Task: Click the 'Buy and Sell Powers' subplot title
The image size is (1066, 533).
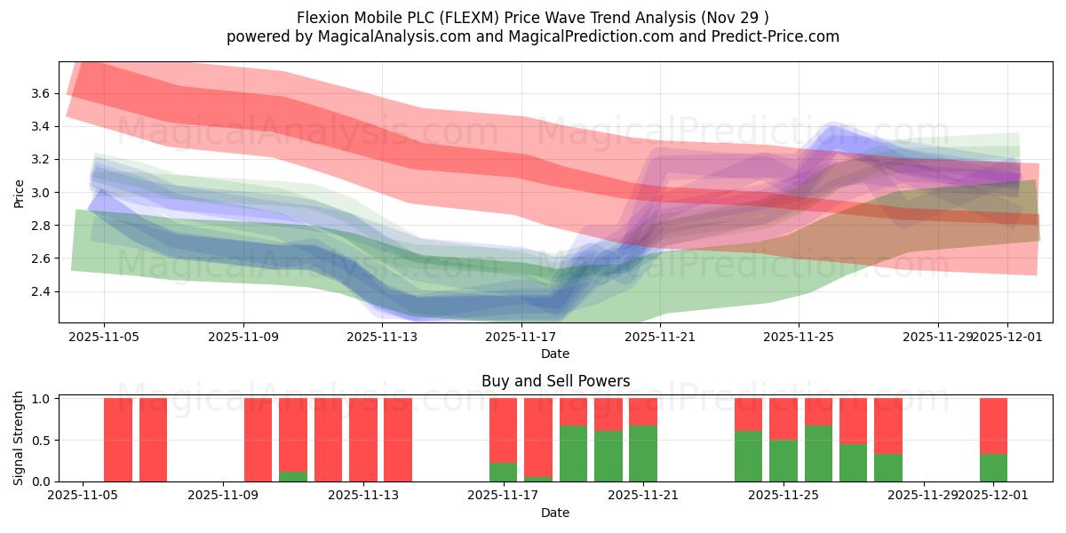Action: [x=555, y=381]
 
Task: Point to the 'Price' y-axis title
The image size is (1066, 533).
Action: [x=19, y=192]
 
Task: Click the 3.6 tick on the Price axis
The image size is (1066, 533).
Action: [x=41, y=93]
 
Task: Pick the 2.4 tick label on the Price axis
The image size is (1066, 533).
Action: [x=41, y=291]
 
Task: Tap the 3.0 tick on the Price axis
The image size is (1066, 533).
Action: [x=41, y=193]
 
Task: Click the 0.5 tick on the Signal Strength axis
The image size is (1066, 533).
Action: [x=41, y=440]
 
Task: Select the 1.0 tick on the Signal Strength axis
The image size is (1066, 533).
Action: [x=41, y=399]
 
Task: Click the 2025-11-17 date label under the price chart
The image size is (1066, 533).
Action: [x=521, y=337]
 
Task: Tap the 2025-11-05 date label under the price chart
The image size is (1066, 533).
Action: [x=104, y=337]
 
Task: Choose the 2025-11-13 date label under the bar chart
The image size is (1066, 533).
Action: [x=363, y=495]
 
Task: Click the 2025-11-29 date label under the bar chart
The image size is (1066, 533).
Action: [x=924, y=495]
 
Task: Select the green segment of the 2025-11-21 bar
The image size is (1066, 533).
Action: [x=643, y=453]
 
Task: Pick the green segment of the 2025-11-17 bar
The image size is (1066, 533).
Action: [x=503, y=472]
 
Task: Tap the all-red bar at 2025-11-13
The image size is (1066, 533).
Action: [x=363, y=440]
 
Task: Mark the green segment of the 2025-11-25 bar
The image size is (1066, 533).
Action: [x=783, y=460]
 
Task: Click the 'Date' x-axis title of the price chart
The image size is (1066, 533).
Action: [x=555, y=354]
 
